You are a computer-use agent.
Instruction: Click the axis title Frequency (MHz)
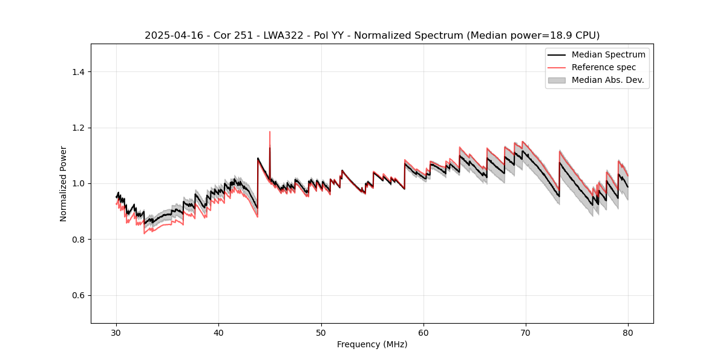(x=372, y=344)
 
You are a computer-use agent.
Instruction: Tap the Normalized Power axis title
(x=64, y=183)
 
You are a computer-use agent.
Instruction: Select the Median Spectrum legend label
(x=608, y=54)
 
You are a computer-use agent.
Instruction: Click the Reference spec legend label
(x=603, y=67)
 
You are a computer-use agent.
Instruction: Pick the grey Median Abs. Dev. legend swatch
(x=557, y=80)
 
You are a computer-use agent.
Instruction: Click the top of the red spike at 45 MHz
(x=270, y=132)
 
